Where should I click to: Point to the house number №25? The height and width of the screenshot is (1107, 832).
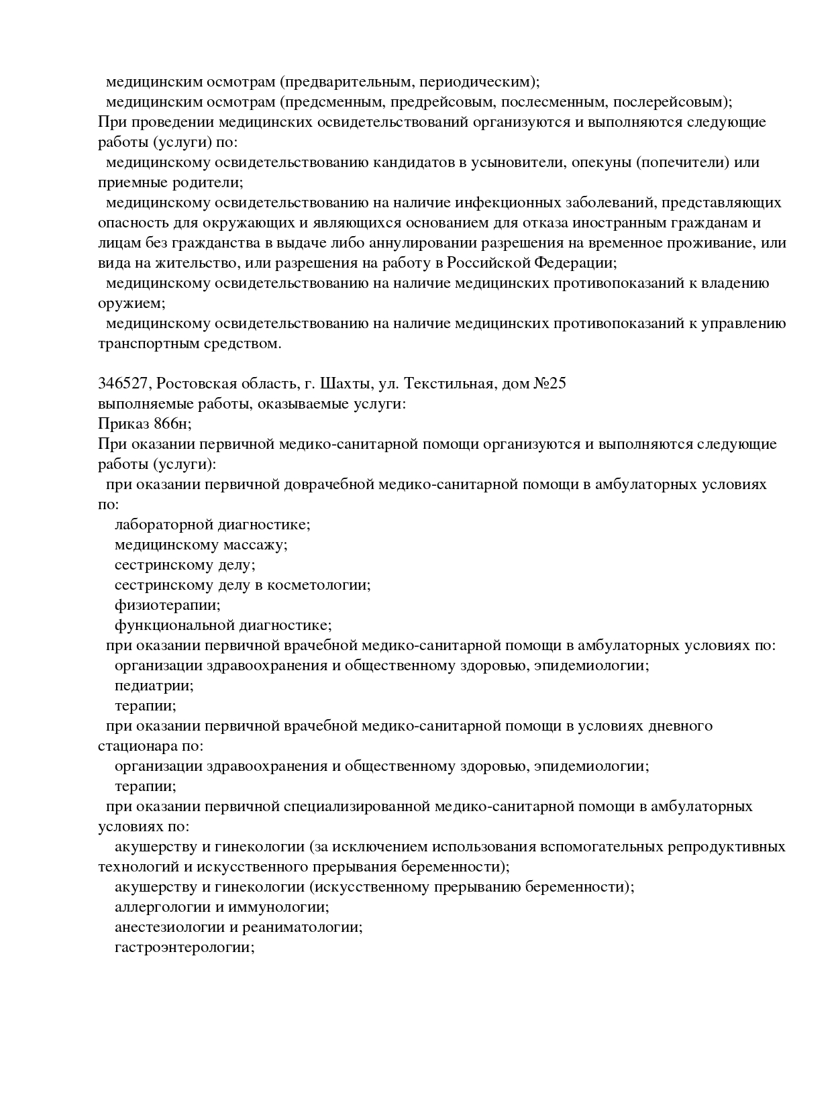(550, 384)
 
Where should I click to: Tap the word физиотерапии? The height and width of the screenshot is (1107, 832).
(167, 605)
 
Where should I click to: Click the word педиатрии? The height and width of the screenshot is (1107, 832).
(154, 686)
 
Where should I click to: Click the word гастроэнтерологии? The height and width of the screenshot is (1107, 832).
(184, 947)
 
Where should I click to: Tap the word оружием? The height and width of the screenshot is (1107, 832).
(131, 303)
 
